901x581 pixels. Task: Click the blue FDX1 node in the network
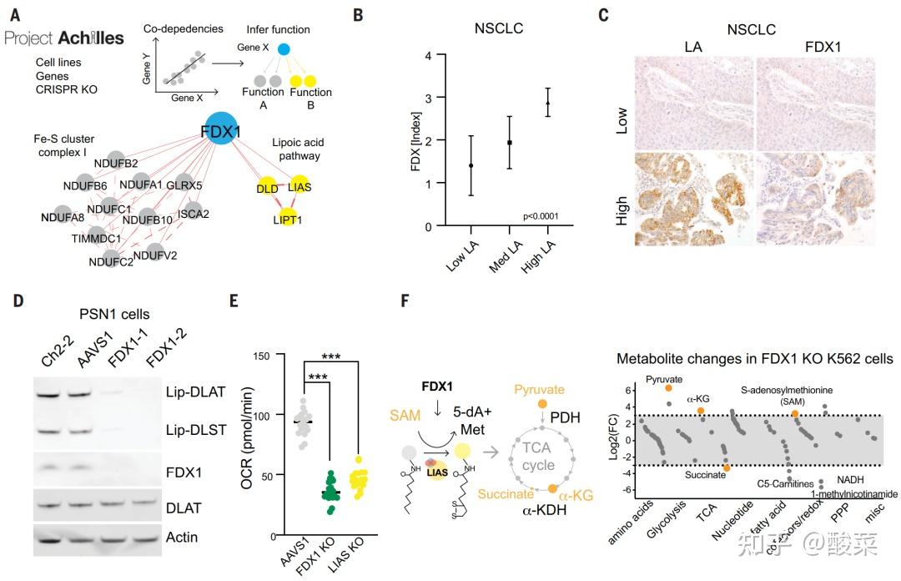(221, 133)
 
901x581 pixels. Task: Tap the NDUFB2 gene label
(116, 163)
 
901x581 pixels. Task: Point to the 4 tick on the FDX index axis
(428, 56)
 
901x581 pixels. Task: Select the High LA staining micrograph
(694, 197)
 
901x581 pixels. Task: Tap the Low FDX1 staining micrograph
(814, 104)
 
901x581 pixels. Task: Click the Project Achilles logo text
(64, 38)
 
